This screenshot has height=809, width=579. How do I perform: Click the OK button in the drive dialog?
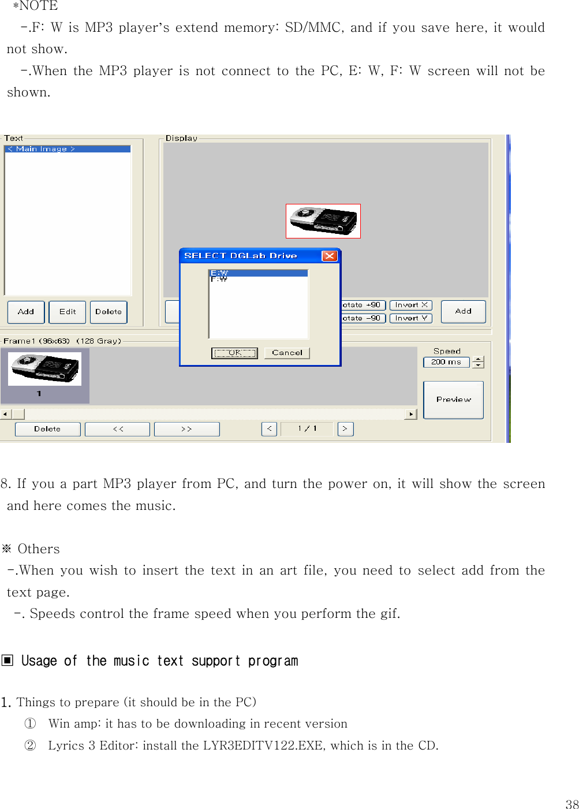234,353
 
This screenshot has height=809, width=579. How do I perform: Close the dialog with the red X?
329,256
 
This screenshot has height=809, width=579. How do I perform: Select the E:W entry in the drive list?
257,273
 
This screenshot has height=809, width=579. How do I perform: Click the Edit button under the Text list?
68,312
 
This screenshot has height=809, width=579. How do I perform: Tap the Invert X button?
411,305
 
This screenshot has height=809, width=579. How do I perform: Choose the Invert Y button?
411,318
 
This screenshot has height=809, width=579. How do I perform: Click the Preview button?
453,400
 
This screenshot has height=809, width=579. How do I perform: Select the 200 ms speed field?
446,362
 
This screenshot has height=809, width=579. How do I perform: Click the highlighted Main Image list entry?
68,149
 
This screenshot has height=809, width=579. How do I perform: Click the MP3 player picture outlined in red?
323,221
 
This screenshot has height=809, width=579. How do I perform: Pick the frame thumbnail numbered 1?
44,374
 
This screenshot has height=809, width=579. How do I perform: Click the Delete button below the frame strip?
47,429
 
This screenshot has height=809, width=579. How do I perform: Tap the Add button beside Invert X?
463,311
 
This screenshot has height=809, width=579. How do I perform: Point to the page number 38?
571,804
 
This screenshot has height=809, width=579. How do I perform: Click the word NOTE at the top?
39,6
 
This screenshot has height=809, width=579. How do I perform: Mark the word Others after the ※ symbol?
39,549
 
